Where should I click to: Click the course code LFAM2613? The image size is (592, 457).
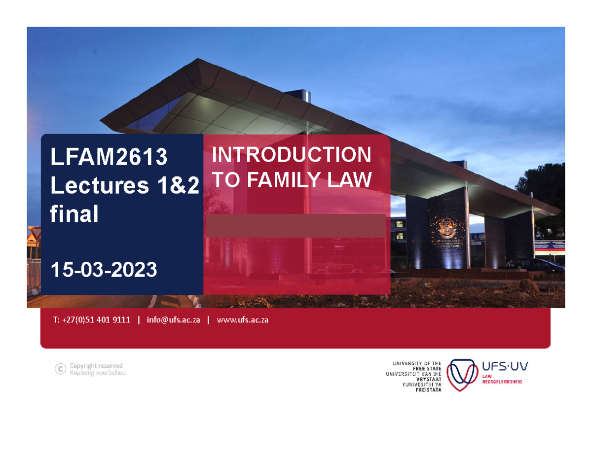click(109, 158)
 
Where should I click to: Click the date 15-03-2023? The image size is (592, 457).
click(104, 269)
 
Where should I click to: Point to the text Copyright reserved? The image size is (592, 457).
click(96, 366)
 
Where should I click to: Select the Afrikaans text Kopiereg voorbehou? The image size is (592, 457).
click(98, 373)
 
